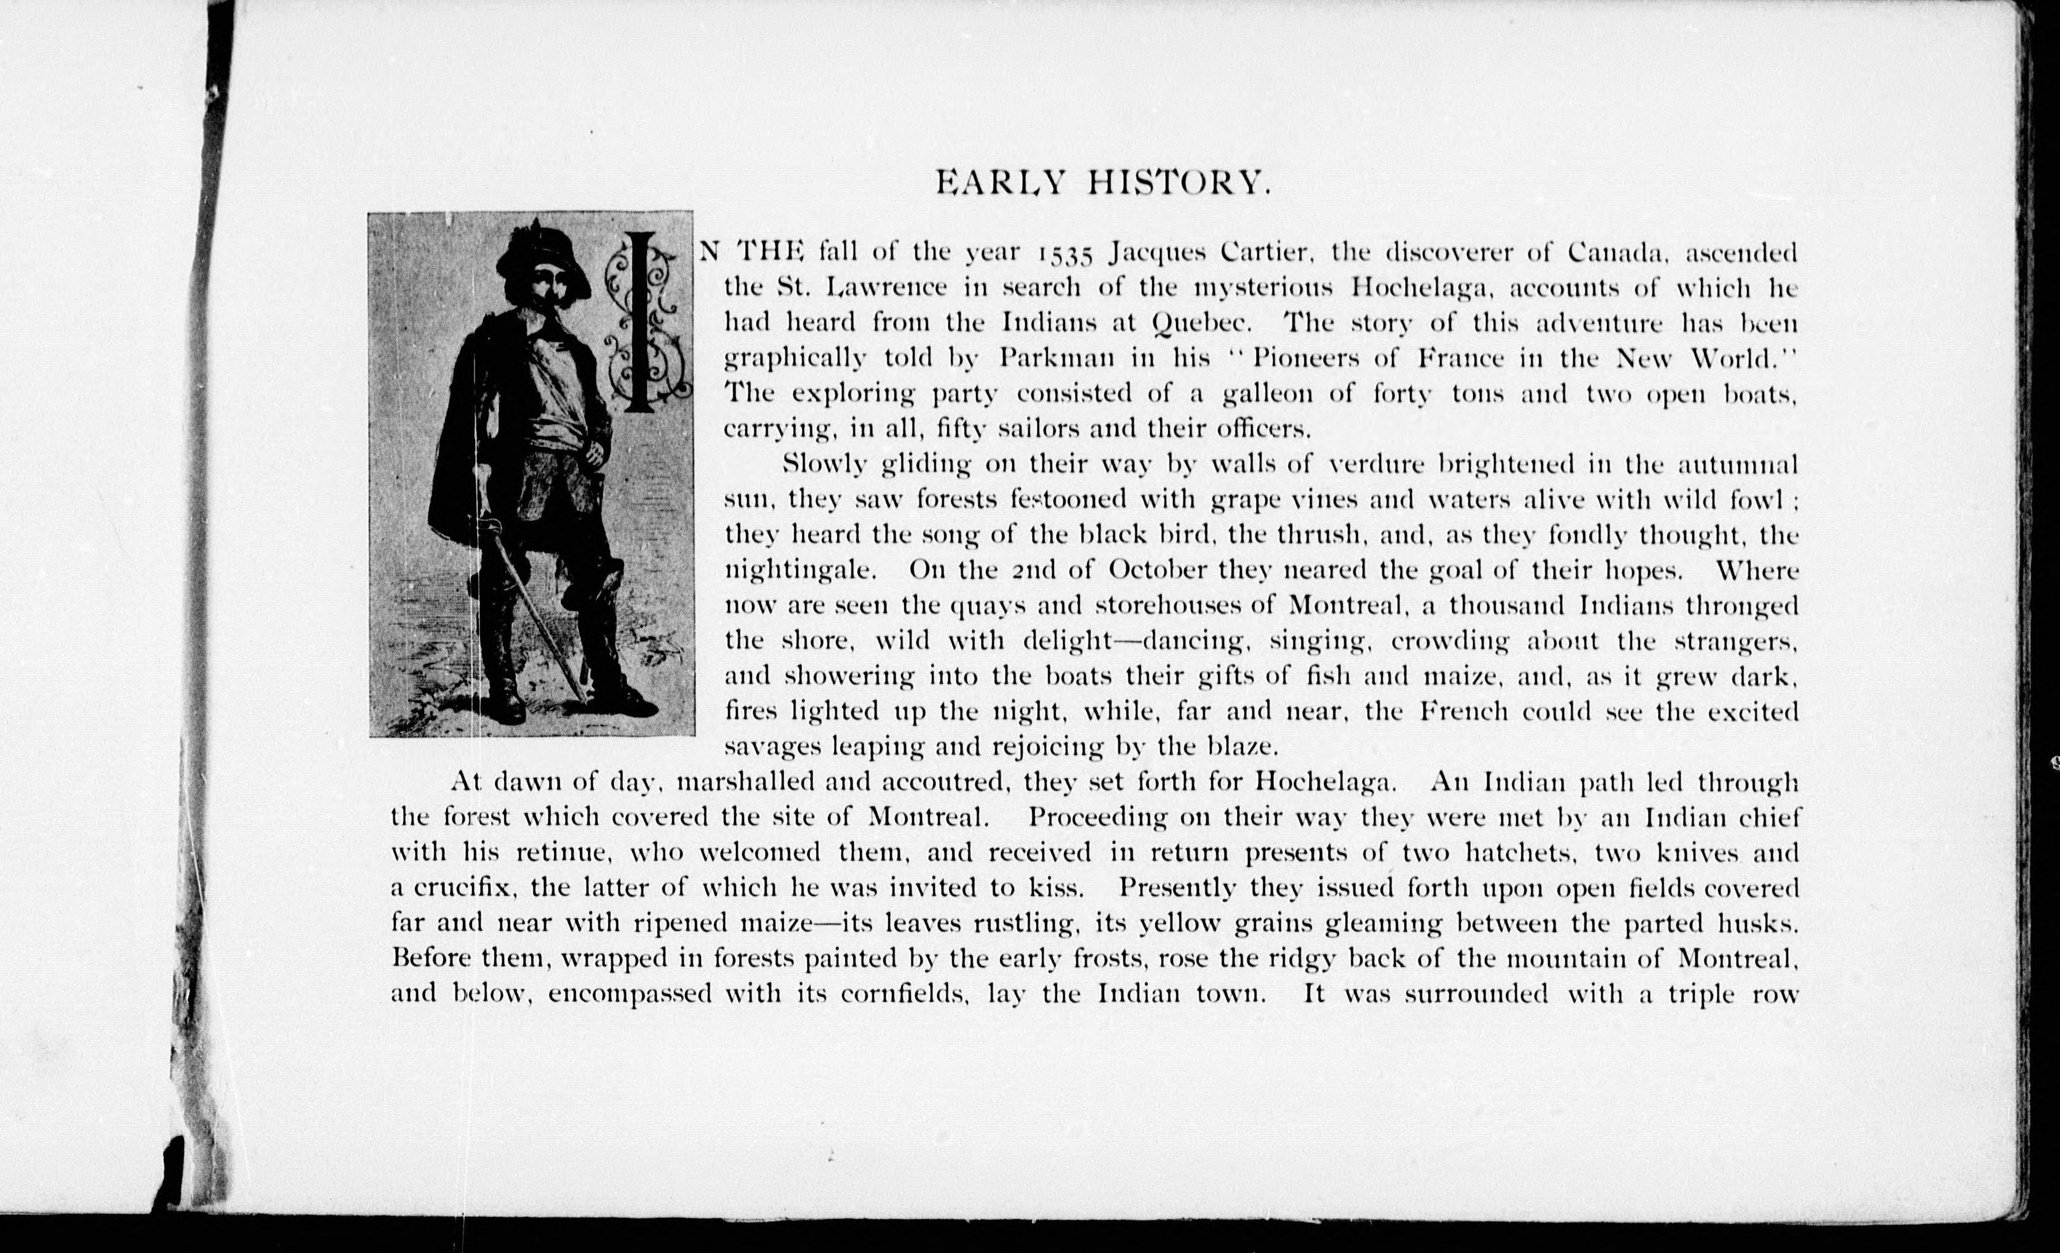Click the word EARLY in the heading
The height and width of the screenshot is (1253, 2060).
1000,182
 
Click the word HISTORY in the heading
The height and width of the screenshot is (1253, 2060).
1179,182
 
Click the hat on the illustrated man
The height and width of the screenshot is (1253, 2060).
538,252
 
